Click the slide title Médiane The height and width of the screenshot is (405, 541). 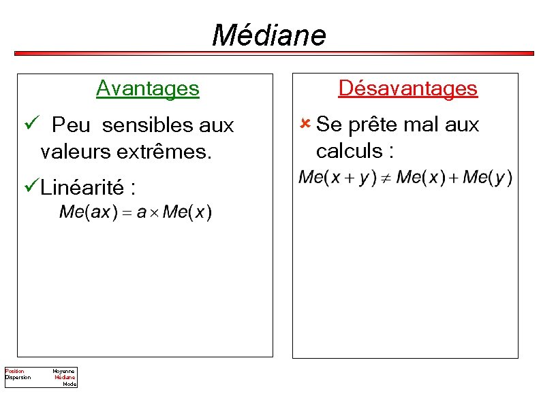click(269, 35)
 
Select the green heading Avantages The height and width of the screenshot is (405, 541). click(147, 88)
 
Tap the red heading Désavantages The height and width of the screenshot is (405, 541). click(407, 88)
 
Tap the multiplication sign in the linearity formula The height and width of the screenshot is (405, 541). click(155, 213)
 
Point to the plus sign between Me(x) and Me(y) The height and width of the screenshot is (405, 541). click(453, 178)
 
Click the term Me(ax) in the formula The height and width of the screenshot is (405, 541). click(86, 212)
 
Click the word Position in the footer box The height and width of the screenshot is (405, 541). click(14, 371)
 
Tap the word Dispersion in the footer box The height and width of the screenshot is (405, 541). click(18, 377)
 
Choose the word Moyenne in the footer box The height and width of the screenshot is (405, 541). click(64, 371)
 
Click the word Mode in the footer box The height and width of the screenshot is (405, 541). click(69, 384)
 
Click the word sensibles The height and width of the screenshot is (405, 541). click(142, 125)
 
